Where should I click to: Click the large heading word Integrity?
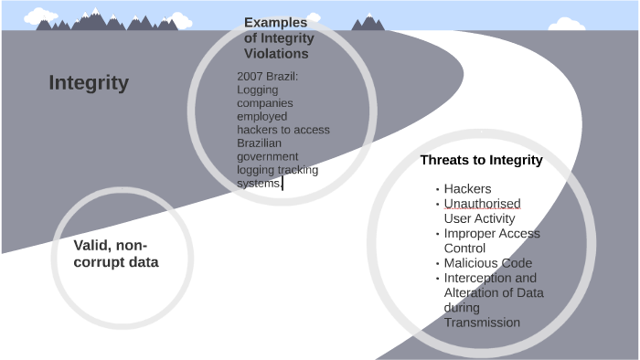coord(89,83)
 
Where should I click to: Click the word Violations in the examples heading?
coord(279,54)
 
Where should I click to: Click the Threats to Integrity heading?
coord(481,160)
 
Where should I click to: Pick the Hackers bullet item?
coord(467,189)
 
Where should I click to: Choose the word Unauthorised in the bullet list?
coord(482,204)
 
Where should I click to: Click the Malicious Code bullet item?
coord(487,263)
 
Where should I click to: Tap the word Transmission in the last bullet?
coord(482,323)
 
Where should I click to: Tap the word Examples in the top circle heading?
coord(275,23)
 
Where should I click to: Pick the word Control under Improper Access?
coord(465,248)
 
